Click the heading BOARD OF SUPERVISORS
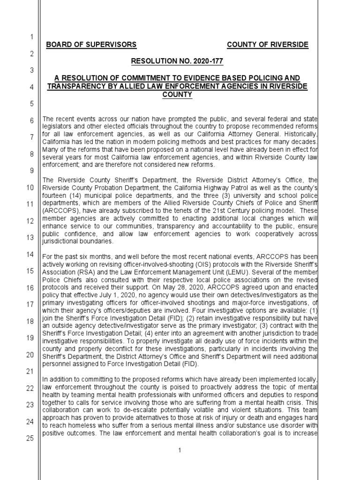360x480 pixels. (91, 45)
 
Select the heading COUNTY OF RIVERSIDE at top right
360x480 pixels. (268, 45)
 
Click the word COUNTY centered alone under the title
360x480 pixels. (178, 94)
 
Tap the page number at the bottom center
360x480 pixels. (179, 450)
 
